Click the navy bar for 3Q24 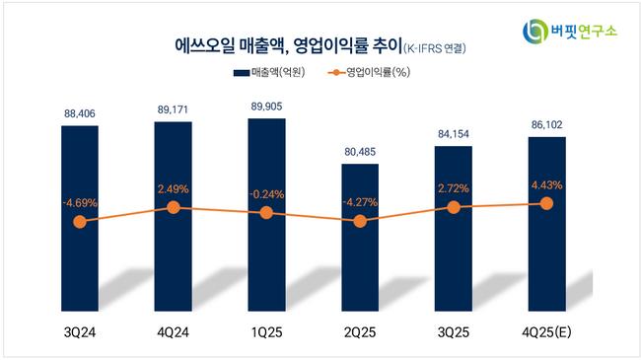coord(80,218)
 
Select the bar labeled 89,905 coord(266,215)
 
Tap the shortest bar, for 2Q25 coord(360,238)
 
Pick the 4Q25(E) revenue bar coord(547,224)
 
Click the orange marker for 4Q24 coord(174,207)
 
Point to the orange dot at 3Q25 coord(454,207)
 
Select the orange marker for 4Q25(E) coord(547,203)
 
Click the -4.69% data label coord(80,202)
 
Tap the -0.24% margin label coord(266,194)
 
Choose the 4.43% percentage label coord(547,185)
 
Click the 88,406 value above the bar coord(80,113)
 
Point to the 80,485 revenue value coord(360,152)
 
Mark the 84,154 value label coord(454,134)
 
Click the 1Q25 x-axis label coord(267,332)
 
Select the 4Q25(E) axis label coord(546,332)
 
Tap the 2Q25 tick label coord(360,332)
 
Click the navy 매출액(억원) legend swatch coord(242,73)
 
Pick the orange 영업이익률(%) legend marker coord(336,73)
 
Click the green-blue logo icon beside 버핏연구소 coord(535,32)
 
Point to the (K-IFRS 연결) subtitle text coord(435,48)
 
